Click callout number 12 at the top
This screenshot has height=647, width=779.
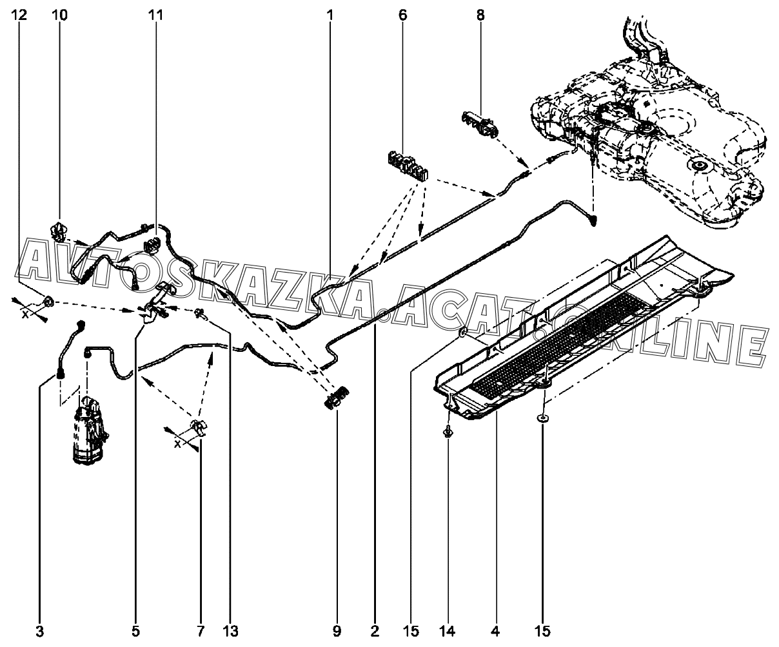20,15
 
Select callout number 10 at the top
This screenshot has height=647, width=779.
60,15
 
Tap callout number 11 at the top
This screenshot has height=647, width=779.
155,15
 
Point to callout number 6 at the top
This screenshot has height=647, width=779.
403,15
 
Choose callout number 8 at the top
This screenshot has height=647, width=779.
480,15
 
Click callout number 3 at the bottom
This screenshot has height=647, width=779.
40,632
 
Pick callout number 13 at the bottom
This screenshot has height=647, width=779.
231,632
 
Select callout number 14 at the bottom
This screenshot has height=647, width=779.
448,632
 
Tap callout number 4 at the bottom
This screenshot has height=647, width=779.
495,632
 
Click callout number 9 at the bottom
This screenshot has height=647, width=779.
337,632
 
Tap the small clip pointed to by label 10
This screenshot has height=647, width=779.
59,231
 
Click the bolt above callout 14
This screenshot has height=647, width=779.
448,432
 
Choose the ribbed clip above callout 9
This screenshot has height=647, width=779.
336,399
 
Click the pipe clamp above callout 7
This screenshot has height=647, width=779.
199,428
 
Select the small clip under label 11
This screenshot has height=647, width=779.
152,244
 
